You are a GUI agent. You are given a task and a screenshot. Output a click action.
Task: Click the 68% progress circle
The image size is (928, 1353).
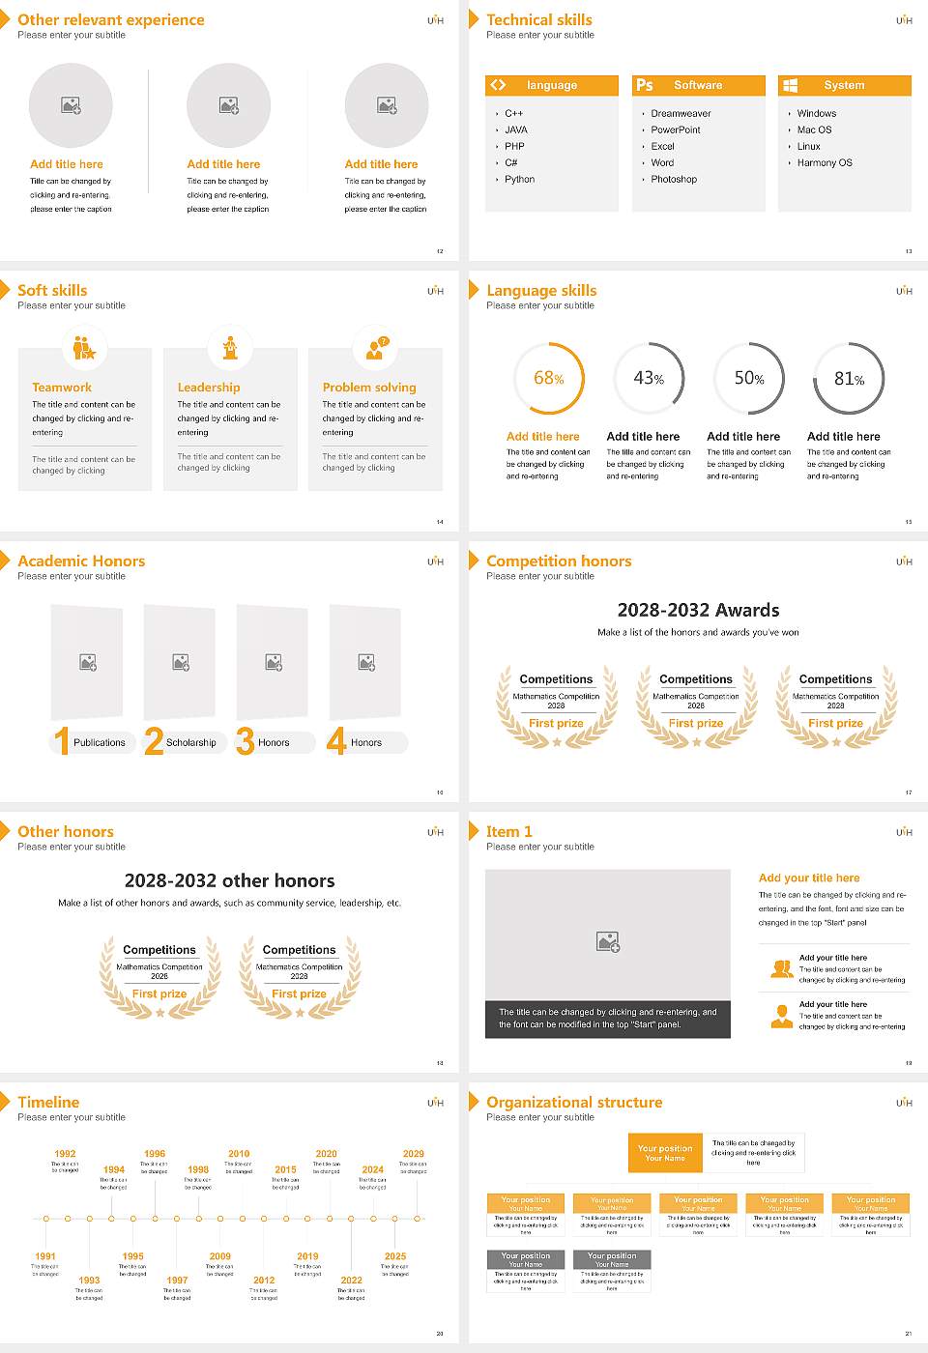tap(548, 378)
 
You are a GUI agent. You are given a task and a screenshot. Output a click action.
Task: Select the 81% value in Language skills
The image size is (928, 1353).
tap(849, 379)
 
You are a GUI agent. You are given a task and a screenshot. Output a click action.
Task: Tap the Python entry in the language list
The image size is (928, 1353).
tap(519, 180)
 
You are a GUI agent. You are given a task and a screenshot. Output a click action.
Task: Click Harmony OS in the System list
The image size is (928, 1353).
tap(825, 163)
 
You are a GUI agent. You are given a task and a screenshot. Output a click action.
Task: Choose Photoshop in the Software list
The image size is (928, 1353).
tap(674, 180)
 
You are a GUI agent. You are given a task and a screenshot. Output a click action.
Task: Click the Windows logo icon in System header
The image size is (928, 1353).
tap(791, 85)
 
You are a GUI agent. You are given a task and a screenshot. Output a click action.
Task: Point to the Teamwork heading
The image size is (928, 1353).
tap(62, 388)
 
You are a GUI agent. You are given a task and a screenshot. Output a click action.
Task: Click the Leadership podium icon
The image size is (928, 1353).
tap(230, 348)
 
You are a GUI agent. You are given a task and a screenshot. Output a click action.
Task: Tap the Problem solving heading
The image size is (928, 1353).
tap(369, 388)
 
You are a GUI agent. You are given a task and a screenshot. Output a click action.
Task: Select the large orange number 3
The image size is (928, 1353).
tap(246, 741)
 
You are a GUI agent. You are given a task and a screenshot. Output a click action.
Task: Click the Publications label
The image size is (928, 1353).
tap(100, 743)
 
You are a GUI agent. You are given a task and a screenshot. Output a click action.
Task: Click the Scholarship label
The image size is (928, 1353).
tap(191, 743)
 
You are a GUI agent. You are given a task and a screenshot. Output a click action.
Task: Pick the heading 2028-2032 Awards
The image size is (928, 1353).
tap(698, 610)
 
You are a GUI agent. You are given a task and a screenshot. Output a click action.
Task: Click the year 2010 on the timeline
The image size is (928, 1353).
tap(239, 1154)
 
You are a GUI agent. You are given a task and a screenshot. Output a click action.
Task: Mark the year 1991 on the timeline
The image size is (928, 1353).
tap(45, 1257)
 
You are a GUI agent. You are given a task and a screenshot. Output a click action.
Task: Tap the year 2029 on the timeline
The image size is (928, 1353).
tap(414, 1154)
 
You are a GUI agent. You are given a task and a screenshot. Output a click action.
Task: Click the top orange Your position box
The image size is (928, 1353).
tap(665, 1153)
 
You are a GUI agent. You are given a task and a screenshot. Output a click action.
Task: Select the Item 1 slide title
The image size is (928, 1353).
tap(508, 831)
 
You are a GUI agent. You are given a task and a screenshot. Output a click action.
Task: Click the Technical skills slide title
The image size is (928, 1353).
tap(539, 19)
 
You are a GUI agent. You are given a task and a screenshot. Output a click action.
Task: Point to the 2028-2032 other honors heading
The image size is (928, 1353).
tap(229, 880)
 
